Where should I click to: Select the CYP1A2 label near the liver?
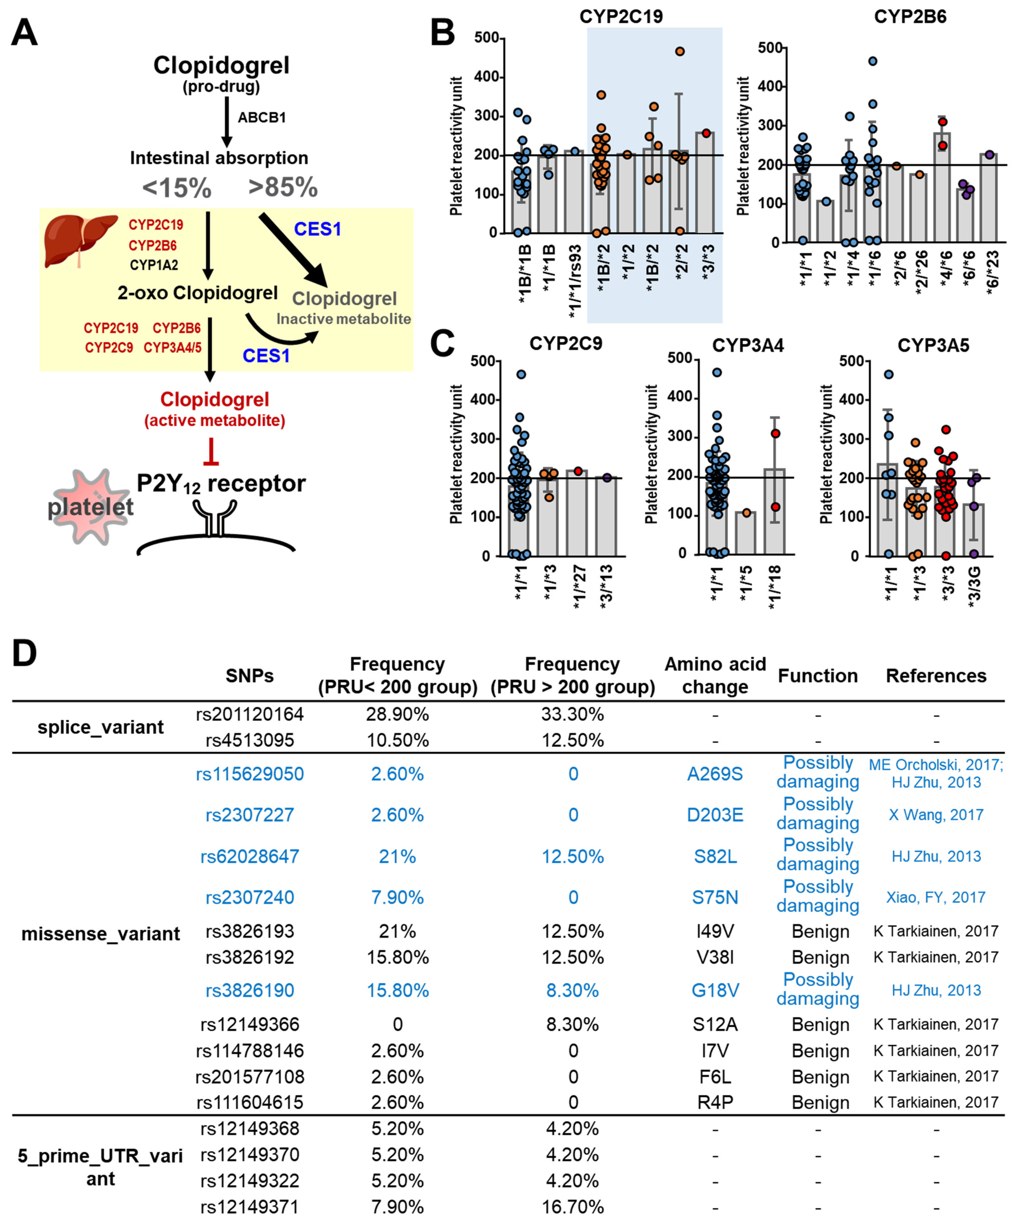pyautogui.click(x=154, y=265)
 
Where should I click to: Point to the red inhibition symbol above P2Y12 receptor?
pyautogui.click(x=211, y=453)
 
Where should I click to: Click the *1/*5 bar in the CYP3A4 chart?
pyautogui.click(x=746, y=533)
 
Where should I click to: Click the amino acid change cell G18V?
pyautogui.click(x=715, y=990)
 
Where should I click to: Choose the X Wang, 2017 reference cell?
pyautogui.click(x=936, y=815)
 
